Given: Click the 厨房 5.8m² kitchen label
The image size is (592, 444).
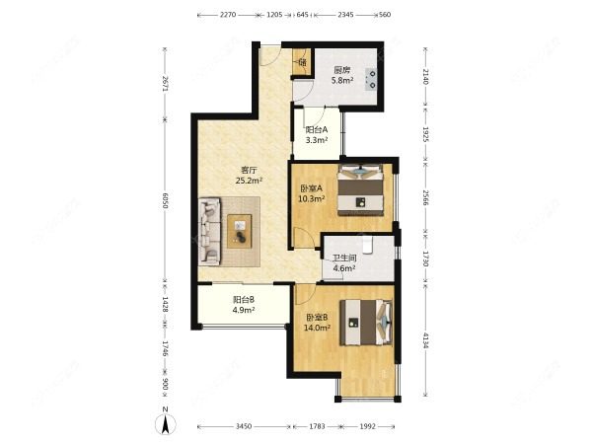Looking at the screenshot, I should pyautogui.click(x=341, y=76).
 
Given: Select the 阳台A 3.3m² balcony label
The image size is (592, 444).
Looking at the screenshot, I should pyautogui.click(x=316, y=135).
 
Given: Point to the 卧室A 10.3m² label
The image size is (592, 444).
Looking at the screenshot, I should pyautogui.click(x=312, y=193).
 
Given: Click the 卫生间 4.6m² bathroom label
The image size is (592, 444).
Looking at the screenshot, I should pyautogui.click(x=343, y=262).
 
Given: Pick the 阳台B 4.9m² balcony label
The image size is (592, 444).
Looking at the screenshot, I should pyautogui.click(x=244, y=305).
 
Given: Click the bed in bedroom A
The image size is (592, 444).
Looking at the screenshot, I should pyautogui.click(x=361, y=188).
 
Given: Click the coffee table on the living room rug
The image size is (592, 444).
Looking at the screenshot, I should pyautogui.click(x=241, y=230).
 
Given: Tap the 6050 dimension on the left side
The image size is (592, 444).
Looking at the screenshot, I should pyautogui.click(x=166, y=201).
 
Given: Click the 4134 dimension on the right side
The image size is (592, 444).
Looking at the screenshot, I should pyautogui.click(x=426, y=340).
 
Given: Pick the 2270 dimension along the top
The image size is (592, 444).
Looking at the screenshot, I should pyautogui.click(x=228, y=15).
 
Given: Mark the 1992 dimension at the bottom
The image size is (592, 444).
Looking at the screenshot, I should pyautogui.click(x=368, y=426).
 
